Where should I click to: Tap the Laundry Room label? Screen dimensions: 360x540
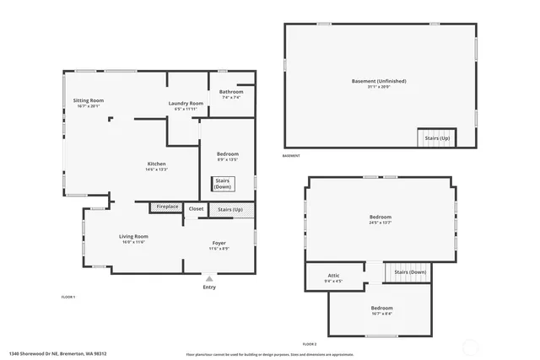click(186, 103)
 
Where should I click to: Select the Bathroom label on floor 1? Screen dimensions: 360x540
click(230, 91)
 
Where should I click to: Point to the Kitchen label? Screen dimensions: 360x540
click(156, 164)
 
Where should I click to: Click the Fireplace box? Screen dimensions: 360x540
click(167, 207)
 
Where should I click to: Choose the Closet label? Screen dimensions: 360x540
click(196, 208)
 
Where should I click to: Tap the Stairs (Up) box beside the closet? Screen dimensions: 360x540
click(230, 209)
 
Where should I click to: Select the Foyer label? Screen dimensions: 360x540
click(218, 243)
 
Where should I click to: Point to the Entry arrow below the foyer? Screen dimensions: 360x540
click(209, 277)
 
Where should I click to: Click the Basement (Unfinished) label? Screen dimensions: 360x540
click(379, 81)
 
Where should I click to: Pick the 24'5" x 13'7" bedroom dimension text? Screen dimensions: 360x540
click(379, 223)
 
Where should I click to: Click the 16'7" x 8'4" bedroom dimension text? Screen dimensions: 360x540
click(381, 314)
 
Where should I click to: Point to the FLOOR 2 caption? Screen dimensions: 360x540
click(310, 344)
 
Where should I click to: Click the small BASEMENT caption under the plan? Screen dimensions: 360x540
click(290, 156)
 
